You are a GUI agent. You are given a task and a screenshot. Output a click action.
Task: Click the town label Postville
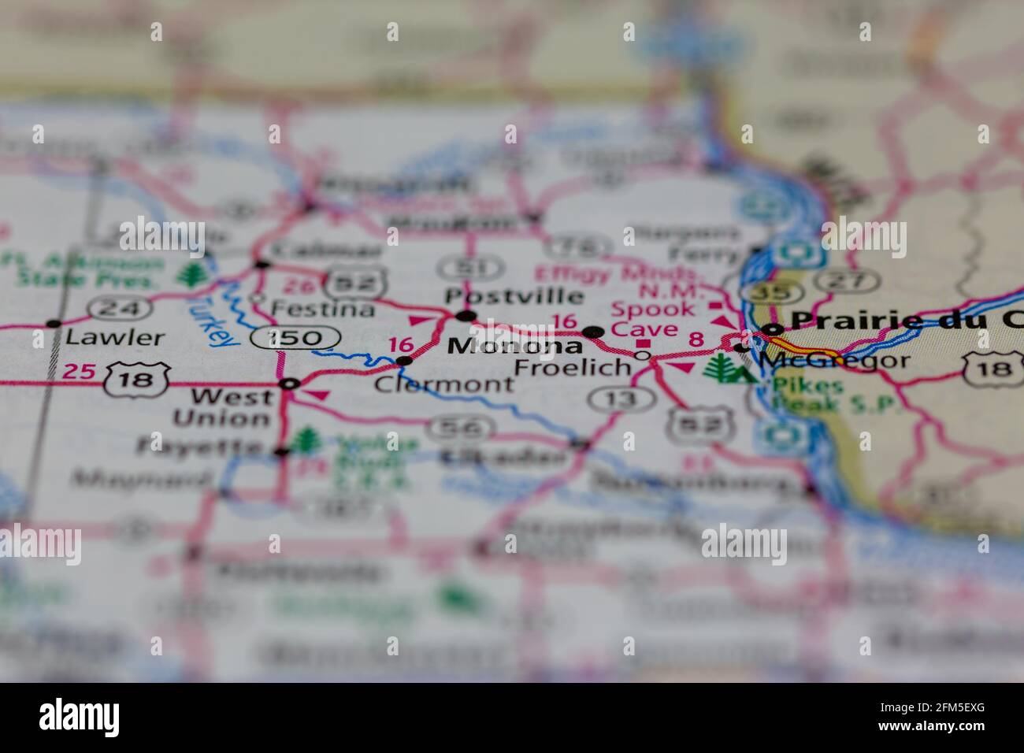[x=514, y=297]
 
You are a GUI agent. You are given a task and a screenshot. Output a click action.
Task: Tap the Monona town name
[x=515, y=346]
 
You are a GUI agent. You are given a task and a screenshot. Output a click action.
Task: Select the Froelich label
[x=572, y=367]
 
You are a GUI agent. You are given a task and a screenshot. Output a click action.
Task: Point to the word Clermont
[x=443, y=384]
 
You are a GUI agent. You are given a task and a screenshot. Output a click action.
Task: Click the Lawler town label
[x=115, y=338]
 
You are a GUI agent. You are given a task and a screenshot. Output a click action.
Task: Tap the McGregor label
[x=835, y=361]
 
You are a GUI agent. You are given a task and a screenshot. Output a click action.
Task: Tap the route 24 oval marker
[x=119, y=308]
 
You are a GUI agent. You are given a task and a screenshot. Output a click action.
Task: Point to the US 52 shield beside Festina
[x=352, y=280]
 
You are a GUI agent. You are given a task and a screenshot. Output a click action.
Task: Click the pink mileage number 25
[x=79, y=371]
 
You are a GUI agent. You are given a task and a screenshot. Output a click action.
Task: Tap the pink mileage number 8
[x=696, y=339]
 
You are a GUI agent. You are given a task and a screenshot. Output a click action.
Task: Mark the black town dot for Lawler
[x=54, y=324]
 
